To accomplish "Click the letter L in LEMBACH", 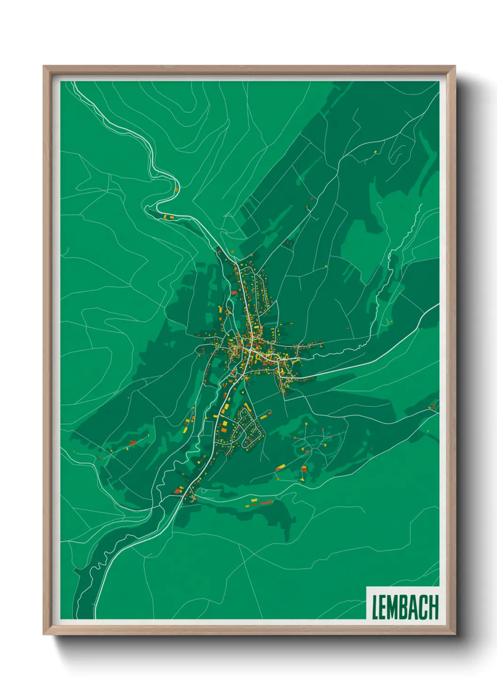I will [375, 607].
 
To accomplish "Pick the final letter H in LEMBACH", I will [434, 607].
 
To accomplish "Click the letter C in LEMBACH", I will [424, 607].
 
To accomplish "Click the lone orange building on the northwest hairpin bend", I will [176, 189].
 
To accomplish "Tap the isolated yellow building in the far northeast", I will [375, 151].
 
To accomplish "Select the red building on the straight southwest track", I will [132, 443].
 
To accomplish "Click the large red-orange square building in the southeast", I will [304, 468].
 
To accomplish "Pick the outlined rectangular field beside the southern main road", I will [208, 428].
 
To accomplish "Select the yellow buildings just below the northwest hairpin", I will [168, 217].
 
